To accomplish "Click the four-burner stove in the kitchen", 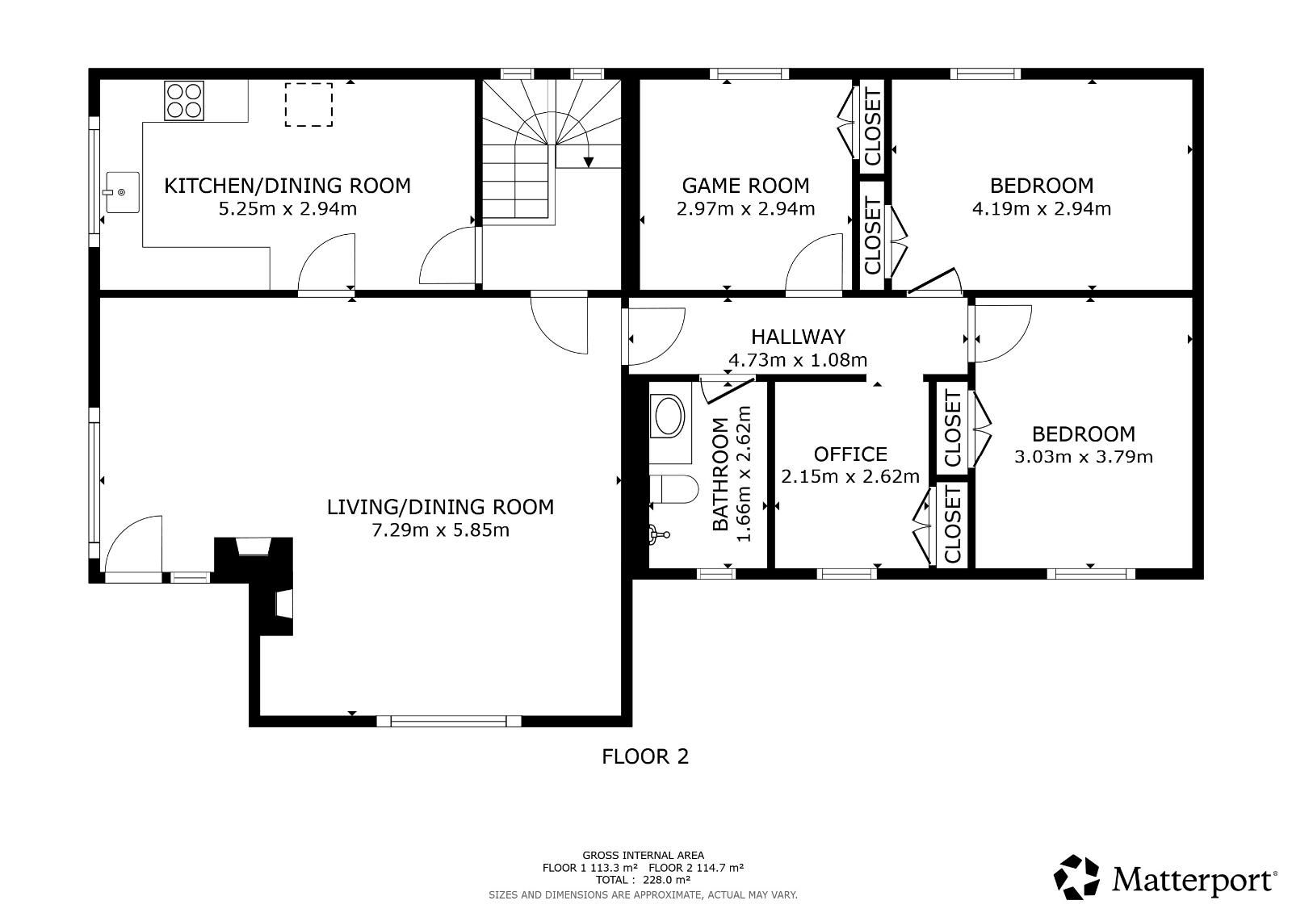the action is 184,101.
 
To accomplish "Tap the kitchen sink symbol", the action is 122,192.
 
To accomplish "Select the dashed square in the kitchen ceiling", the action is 308,104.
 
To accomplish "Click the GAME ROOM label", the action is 746,186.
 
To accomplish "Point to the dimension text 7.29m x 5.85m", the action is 441,530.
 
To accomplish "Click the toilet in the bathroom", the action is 673,489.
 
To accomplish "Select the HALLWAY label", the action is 799,337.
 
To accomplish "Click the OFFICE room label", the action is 850,454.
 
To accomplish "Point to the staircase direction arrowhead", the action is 589,162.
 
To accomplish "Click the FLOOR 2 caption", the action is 645,756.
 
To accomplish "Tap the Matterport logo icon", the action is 1076,877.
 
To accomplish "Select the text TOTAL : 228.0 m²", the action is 643,880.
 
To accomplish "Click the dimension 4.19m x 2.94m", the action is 1042,208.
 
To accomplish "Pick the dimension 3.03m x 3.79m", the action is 1084,457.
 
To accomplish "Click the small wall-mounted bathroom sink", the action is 658,534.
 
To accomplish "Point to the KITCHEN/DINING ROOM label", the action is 287,186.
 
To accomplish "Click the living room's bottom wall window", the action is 449,721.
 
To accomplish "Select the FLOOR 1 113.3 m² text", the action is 590,868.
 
